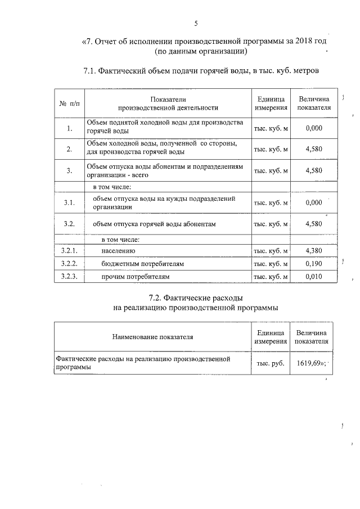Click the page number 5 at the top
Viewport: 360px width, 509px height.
point(196,24)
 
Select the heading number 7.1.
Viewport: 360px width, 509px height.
point(92,71)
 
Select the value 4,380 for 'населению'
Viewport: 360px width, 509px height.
point(313,251)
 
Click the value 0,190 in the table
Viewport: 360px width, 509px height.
point(313,264)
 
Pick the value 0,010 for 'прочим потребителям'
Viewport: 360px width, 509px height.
point(313,277)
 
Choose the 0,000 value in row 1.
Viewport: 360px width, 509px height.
point(313,128)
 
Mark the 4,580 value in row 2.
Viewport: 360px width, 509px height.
point(313,149)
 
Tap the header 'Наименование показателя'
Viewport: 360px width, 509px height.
point(152,337)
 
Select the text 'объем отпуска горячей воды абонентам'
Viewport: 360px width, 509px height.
point(155,224)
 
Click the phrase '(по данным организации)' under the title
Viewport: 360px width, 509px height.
point(201,52)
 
